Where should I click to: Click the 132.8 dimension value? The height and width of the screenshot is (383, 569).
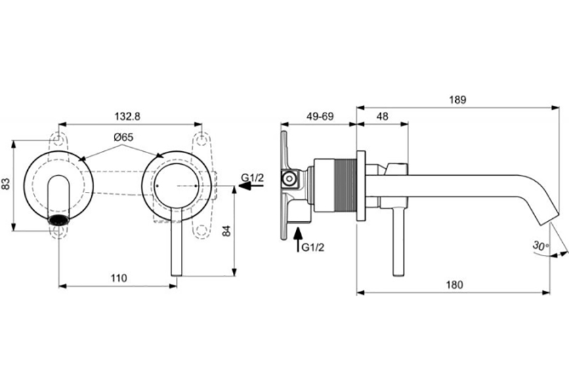(127, 117)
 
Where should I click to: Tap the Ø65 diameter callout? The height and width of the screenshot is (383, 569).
(123, 137)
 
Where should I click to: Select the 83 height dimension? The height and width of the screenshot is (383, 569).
(6, 184)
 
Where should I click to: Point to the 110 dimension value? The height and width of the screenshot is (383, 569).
(119, 278)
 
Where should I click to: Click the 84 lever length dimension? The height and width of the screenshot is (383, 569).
(226, 231)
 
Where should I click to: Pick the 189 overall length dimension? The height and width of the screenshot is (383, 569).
(458, 100)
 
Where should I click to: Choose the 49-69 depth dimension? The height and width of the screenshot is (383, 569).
(320, 117)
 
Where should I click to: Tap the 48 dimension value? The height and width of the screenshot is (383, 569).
(383, 117)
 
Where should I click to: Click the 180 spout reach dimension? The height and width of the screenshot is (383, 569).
(455, 285)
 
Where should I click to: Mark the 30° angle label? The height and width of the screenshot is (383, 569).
(541, 246)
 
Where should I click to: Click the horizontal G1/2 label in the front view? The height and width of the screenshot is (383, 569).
(253, 178)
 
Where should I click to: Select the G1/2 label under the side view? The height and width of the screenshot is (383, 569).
(313, 247)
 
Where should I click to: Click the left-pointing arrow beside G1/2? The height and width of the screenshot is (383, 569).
(251, 186)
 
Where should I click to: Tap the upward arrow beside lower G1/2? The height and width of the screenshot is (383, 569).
(298, 239)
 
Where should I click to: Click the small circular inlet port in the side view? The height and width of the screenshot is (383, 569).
(289, 178)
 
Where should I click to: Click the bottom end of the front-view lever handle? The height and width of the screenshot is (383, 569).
(176, 275)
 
